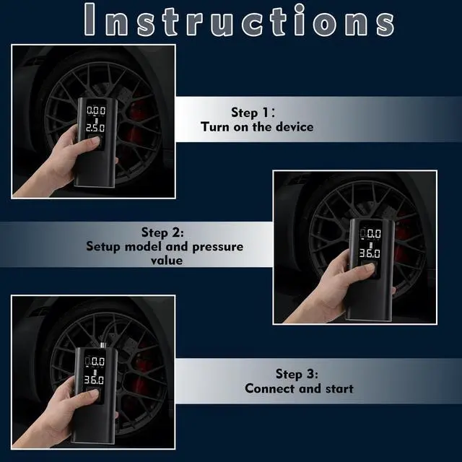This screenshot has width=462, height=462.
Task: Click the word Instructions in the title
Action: [239, 20]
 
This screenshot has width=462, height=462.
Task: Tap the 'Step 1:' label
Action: [253, 113]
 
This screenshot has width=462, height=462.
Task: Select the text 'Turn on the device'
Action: [257, 127]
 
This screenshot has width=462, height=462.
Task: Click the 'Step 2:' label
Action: [162, 232]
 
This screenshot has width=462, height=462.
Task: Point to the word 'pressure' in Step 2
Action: [218, 247]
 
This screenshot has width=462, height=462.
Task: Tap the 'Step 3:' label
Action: [297, 374]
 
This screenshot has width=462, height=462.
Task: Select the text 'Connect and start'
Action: [299, 388]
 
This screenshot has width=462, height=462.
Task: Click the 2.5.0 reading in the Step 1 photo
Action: [95, 128]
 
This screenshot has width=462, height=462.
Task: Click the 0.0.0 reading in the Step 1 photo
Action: [96, 110]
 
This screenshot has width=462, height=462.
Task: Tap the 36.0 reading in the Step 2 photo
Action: [369, 253]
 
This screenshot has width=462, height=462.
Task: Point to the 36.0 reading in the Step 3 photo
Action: [94, 380]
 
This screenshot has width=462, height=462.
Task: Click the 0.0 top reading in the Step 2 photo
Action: [373, 234]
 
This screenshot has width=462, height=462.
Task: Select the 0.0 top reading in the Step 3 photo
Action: [97, 361]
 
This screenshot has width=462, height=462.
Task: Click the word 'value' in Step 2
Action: [167, 261]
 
